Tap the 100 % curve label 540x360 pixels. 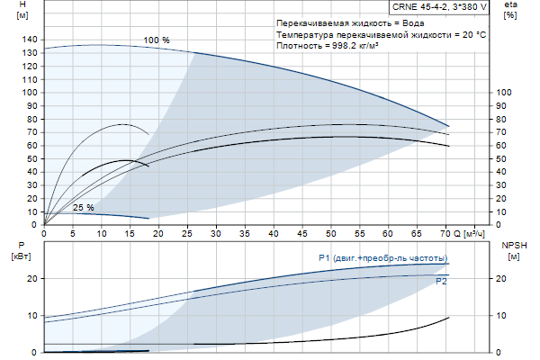(156, 40)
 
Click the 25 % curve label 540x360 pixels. (83, 208)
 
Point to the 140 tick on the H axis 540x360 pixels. (30, 40)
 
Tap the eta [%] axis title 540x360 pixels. (510, 12)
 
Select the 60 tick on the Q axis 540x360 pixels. (389, 233)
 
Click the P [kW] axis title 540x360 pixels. (22, 251)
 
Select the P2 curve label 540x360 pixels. (441, 282)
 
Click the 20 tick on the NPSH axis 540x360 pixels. (502, 279)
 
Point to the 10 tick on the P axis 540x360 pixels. (32, 315)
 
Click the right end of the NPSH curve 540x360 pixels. (448, 318)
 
